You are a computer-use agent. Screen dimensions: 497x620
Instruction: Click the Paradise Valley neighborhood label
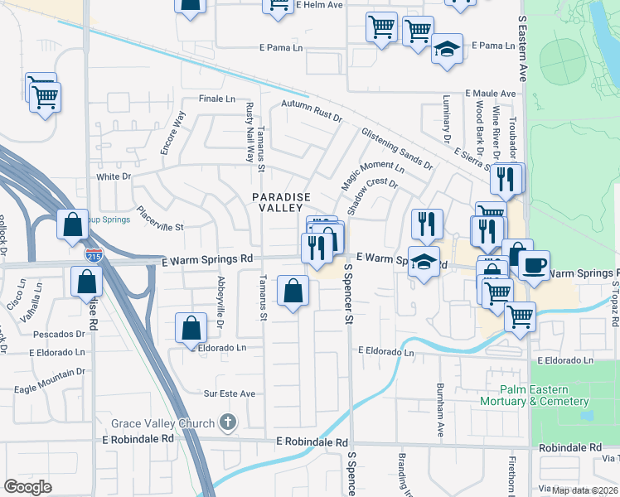point(282,202)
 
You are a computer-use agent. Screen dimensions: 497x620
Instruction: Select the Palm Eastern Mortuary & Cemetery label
point(534,395)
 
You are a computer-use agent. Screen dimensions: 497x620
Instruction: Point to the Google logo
point(27,487)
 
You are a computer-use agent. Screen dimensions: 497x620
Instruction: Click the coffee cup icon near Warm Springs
point(535,265)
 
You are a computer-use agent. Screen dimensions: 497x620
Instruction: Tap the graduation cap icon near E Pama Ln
point(446,48)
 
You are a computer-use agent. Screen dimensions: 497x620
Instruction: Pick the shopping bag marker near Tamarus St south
point(293,291)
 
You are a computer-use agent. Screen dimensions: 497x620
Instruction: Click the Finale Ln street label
point(217,99)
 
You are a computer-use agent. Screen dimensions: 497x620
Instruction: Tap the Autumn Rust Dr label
point(311,111)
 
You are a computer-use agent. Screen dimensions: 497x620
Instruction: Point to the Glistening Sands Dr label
point(396,147)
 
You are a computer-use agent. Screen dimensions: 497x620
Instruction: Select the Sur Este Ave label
point(230,393)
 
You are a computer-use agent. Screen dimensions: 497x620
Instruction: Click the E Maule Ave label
point(491,94)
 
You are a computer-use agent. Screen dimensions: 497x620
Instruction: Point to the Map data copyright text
point(585,490)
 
